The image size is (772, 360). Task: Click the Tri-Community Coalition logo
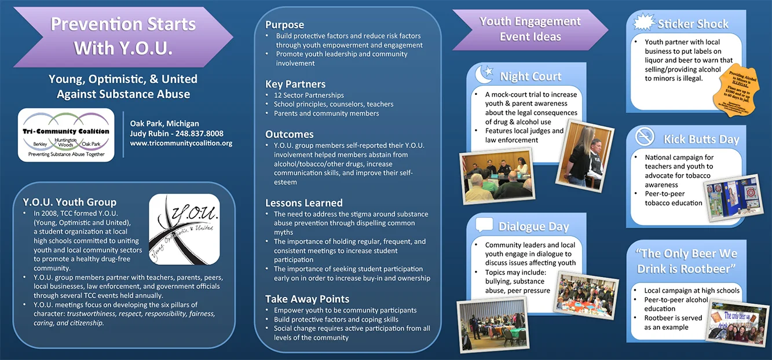pos(66,135)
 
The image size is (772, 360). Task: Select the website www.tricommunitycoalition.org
pos(181,144)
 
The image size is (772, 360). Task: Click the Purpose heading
pos(284,25)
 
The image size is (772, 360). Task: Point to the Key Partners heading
pos(295,84)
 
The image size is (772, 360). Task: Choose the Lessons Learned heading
pos(303,203)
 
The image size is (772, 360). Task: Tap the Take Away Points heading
pos(307,299)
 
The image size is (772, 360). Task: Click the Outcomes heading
pos(289,134)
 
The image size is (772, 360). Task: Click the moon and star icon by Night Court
pos(484,75)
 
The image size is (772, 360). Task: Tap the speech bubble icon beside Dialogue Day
pos(484,225)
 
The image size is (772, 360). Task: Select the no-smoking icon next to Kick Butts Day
pos(644,137)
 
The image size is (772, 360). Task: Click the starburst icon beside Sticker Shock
pos(643,23)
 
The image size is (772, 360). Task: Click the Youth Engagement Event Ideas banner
pos(530,29)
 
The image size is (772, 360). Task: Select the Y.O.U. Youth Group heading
pos(69,202)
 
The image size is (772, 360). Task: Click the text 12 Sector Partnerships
pos(309,95)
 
